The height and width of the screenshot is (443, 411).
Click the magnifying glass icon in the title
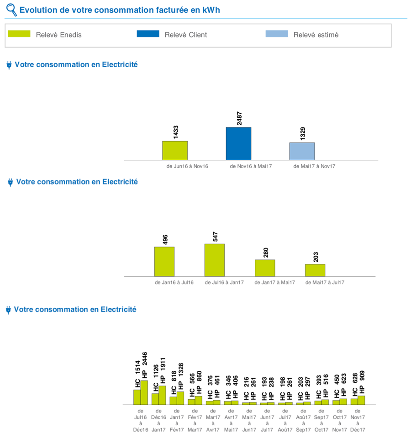point(11,10)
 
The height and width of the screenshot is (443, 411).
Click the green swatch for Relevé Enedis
point(19,34)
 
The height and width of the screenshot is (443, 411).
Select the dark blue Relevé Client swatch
point(148,34)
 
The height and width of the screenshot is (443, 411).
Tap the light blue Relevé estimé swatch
point(277,34)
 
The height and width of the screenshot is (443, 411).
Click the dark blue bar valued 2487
point(238,143)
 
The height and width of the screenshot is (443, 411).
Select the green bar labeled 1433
point(175,150)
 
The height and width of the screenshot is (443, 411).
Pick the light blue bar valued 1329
point(302,151)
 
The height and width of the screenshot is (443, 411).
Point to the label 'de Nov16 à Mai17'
point(251,166)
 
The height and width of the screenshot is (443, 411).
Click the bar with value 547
point(215,260)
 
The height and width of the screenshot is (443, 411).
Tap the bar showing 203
point(315,270)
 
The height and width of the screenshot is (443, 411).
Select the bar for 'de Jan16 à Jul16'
point(164,261)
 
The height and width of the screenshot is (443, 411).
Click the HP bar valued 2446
point(144,393)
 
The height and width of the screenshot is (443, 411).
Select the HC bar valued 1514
point(137,397)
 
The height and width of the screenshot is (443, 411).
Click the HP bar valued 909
point(361,400)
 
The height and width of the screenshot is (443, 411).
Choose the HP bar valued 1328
point(180,398)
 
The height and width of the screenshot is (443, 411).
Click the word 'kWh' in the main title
point(211,10)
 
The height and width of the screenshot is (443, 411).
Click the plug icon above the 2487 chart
point(9,65)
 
